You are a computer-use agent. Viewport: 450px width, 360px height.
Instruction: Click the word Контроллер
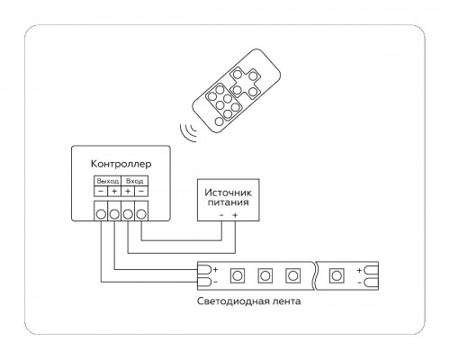tap(121, 164)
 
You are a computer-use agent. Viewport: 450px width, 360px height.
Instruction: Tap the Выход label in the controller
tap(108, 181)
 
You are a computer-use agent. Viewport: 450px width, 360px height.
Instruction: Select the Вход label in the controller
tap(134, 181)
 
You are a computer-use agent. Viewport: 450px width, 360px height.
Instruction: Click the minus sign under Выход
tap(101, 191)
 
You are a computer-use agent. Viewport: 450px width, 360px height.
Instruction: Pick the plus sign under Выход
tap(114, 191)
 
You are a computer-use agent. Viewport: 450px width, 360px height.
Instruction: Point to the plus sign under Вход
tap(128, 191)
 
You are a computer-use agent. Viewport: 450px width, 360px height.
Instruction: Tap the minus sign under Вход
tap(141, 191)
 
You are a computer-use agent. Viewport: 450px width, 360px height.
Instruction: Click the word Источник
tap(229, 193)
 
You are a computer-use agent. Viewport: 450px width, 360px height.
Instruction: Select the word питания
tap(229, 202)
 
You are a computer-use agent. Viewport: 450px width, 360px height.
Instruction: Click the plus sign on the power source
tap(235, 215)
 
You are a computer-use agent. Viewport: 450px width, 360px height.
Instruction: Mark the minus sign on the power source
tap(221, 215)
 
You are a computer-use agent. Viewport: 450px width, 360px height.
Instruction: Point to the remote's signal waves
tap(188, 132)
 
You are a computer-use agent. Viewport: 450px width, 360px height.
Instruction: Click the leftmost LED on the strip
tap(238, 275)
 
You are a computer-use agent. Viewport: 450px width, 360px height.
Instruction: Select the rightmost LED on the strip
tap(337, 275)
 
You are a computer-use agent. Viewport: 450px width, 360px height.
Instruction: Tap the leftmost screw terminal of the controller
tap(101, 214)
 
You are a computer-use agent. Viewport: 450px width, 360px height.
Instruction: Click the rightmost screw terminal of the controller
tap(141, 214)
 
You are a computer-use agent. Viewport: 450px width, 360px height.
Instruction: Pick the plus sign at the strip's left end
tap(215, 269)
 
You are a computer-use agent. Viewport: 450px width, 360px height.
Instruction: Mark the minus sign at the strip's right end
tap(359, 283)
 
